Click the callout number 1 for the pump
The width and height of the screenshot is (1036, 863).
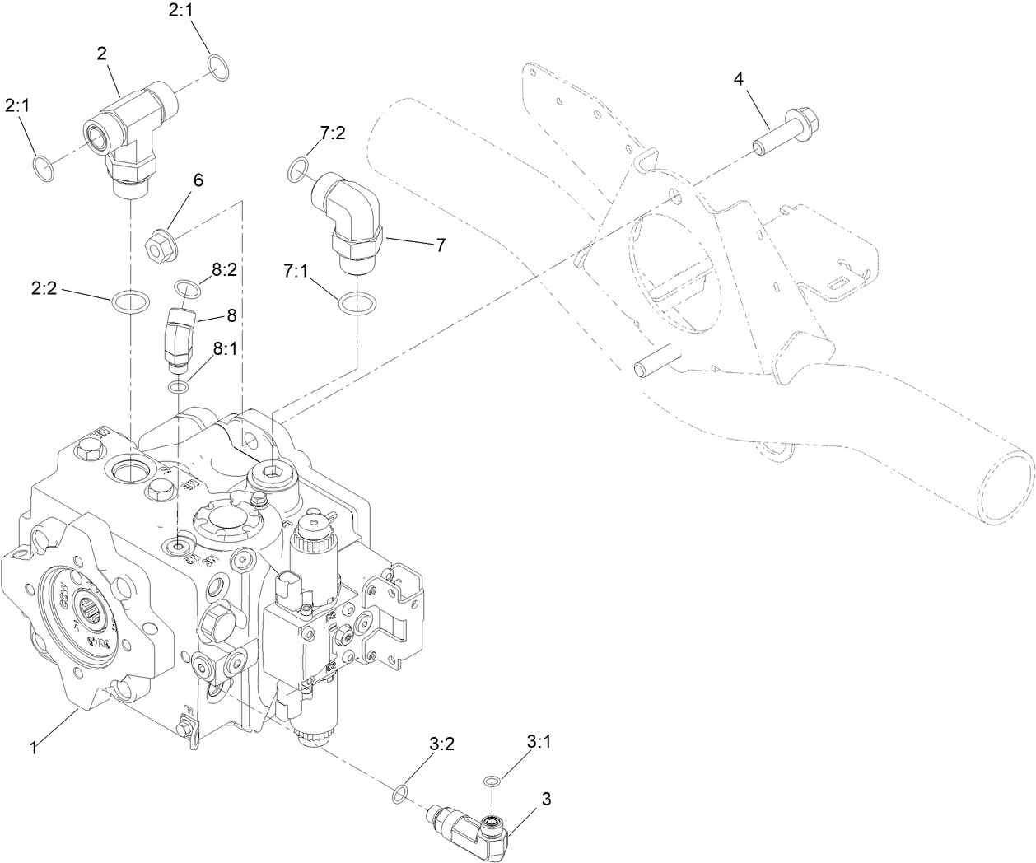tap(34, 748)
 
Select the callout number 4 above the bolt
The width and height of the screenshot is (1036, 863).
tap(739, 79)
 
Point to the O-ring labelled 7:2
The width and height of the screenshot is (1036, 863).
tap(299, 170)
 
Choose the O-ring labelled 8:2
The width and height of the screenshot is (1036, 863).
tap(187, 287)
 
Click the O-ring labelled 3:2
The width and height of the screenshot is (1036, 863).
tap(399, 793)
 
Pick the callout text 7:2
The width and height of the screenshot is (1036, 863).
tap(332, 133)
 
